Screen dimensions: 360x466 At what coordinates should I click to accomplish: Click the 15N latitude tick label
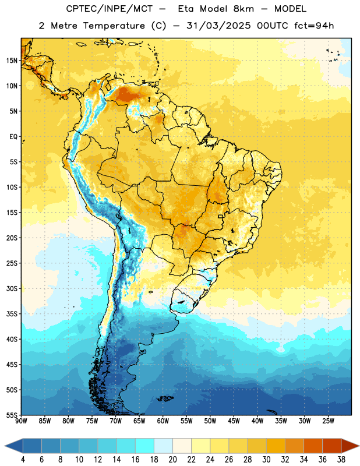pyautogui.click(x=12, y=61)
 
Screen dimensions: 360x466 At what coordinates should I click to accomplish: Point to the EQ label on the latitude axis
pyautogui.click(x=13, y=137)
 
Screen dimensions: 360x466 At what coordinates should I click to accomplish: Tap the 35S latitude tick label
pyautogui.click(x=12, y=314)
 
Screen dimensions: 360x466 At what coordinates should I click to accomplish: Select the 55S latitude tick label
pyautogui.click(x=12, y=415)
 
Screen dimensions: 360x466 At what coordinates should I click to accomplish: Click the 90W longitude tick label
pyautogui.click(x=21, y=421)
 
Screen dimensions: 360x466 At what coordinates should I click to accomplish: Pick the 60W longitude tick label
pyautogui.click(x=163, y=421)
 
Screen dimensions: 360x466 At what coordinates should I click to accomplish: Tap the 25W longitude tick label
pyautogui.click(x=328, y=421)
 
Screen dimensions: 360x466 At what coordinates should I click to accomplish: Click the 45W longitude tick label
pyautogui.click(x=234, y=421)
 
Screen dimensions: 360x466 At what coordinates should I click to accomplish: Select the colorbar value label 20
pyautogui.click(x=172, y=460)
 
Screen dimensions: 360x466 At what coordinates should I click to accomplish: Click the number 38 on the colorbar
pyautogui.click(x=341, y=460)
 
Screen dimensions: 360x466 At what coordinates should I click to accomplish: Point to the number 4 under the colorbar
pyautogui.click(x=23, y=460)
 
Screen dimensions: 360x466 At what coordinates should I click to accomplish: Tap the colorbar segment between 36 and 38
pyautogui.click(x=332, y=446)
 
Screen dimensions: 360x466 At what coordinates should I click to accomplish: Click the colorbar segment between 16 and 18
pyautogui.click(x=144, y=446)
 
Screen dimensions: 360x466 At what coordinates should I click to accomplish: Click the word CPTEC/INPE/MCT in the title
pyautogui.click(x=110, y=9)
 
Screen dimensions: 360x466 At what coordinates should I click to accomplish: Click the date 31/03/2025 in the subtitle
pyautogui.click(x=218, y=26)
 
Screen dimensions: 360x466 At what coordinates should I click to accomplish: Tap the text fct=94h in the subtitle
pyautogui.click(x=314, y=26)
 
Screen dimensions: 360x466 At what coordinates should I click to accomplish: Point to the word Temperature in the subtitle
pyautogui.click(x=114, y=26)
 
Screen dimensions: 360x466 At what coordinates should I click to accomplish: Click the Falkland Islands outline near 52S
pyautogui.click(x=165, y=398)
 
